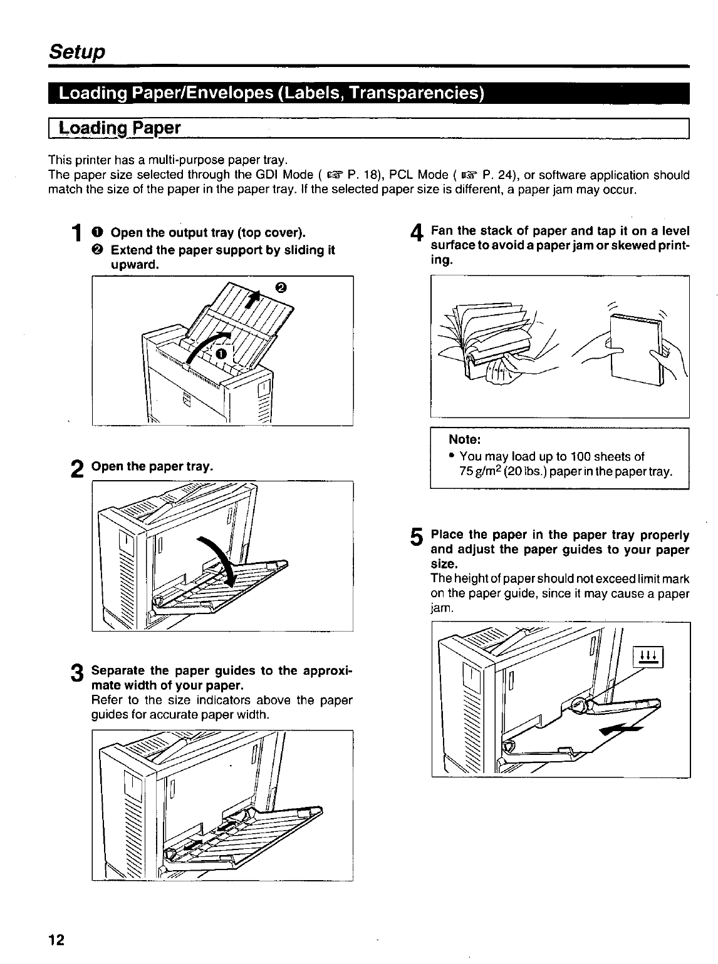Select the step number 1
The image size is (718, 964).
click(x=76, y=235)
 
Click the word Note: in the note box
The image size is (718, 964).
click(x=464, y=440)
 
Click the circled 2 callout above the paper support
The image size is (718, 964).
click(x=280, y=288)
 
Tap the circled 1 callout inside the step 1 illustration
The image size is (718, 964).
click(x=220, y=354)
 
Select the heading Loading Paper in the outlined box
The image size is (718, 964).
click(x=119, y=129)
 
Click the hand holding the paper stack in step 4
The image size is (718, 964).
click(x=669, y=357)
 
